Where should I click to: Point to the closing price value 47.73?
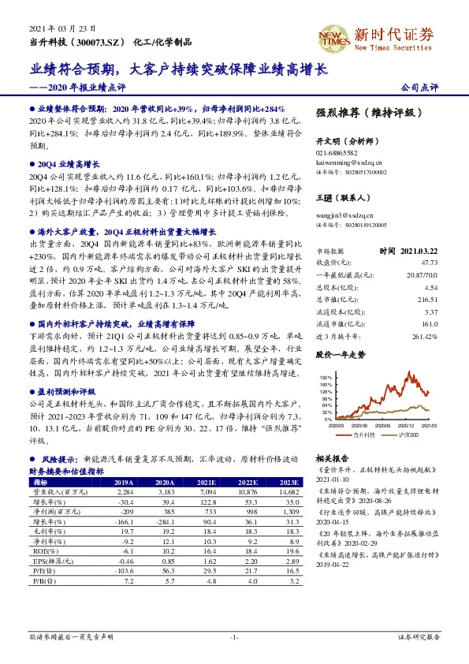(426, 283)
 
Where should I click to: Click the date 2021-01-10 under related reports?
(331, 478)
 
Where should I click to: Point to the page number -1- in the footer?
(233, 636)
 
